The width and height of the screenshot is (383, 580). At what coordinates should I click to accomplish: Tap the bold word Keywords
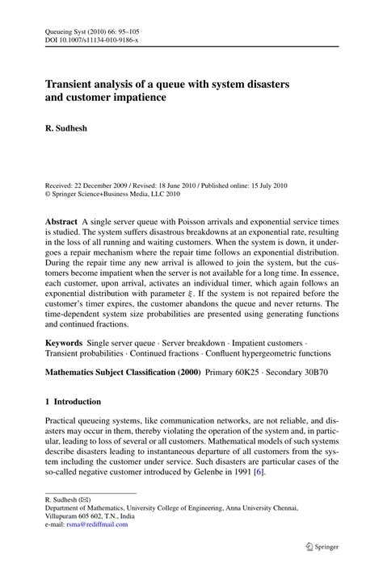point(64,343)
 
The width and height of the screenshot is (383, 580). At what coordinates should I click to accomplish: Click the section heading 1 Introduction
point(73,401)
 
